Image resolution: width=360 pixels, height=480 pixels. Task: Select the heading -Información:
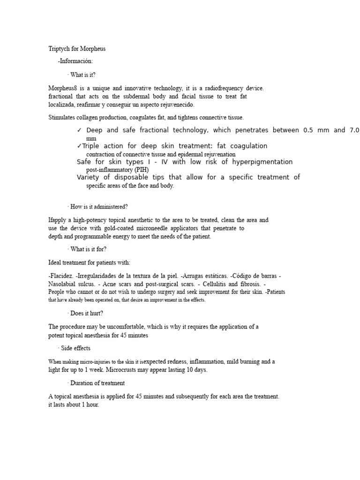[75, 61]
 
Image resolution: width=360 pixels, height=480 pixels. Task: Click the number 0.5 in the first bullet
[309, 130]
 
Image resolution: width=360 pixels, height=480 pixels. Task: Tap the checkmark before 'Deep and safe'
[79, 130]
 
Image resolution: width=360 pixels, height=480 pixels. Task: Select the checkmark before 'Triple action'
[79, 146]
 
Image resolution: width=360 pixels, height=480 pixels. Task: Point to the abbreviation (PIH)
[141, 170]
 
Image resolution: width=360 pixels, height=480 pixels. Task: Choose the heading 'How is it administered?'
[99, 207]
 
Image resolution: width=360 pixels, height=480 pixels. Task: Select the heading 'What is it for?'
[88, 249]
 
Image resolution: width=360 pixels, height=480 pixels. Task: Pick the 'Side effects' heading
[75, 348]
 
